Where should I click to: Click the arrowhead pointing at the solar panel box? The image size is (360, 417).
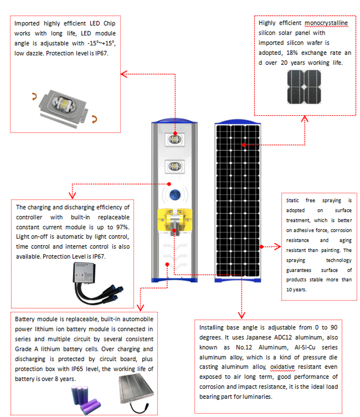click(305, 119)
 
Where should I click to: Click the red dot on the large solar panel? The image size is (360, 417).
click(243, 145)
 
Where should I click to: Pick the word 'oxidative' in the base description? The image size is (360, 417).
click(283, 367)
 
